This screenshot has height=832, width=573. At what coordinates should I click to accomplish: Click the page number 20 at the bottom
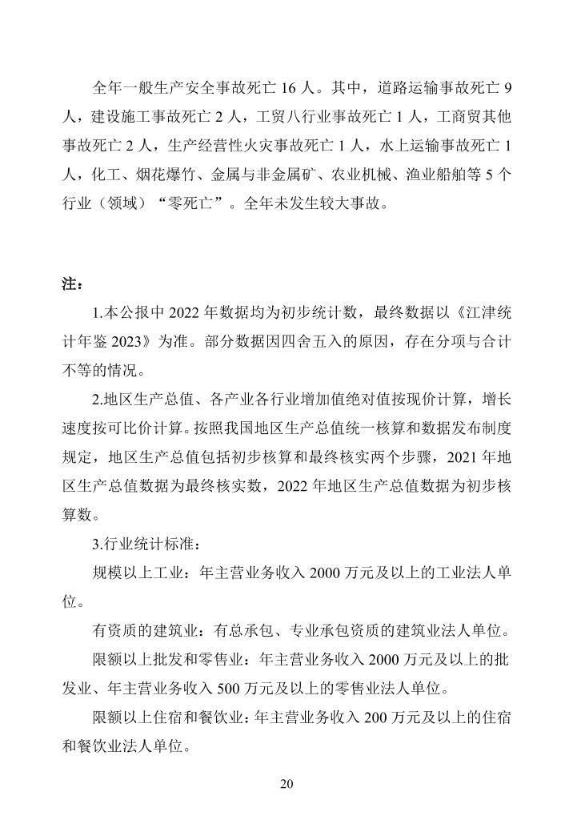pyautogui.click(x=286, y=784)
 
